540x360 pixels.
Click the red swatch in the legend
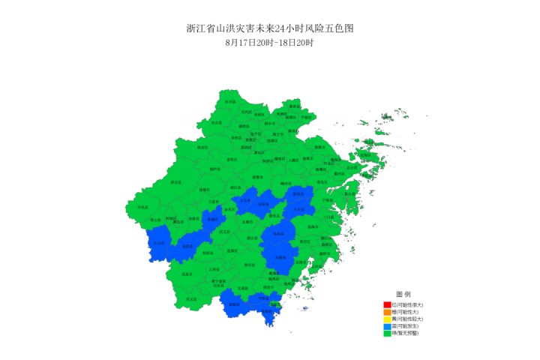coord(387,304)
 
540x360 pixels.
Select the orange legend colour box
coord(387,312)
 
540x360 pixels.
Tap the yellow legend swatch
coord(387,319)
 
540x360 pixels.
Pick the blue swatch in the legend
coord(387,326)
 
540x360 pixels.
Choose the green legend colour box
coord(387,333)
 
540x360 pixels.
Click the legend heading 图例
coord(403,294)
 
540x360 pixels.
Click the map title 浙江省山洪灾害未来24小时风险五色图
coord(269,28)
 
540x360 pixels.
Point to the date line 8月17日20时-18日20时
coord(269,43)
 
